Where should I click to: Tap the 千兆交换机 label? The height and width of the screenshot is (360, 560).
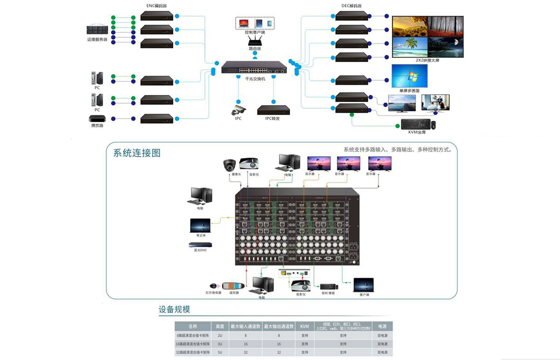pyautogui.click(x=255, y=79)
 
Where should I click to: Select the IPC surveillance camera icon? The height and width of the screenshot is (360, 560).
pyautogui.click(x=238, y=110)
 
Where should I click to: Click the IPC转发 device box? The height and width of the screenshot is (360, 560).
pyautogui.click(x=273, y=110)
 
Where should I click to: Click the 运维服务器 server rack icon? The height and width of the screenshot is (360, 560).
pyautogui.click(x=97, y=29)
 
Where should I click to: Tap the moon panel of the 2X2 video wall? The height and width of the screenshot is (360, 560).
pyautogui.click(x=446, y=47)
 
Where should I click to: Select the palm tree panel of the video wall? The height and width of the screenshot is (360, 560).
pyautogui.click(x=410, y=47)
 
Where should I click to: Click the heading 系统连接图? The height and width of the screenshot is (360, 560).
pyautogui.click(x=137, y=153)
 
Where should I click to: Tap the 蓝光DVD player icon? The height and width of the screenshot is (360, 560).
pyautogui.click(x=200, y=244)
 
